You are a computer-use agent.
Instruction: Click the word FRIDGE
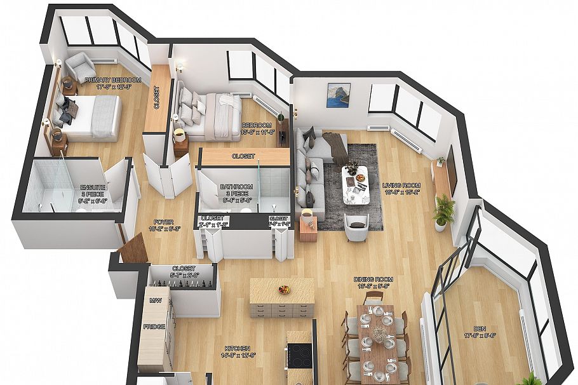point(154,327)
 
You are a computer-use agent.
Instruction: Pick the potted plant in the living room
point(443,210)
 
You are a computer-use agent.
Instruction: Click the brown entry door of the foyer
point(134,247)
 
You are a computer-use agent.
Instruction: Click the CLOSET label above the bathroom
point(243,156)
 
